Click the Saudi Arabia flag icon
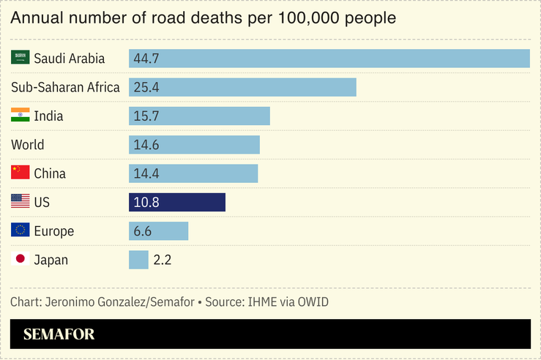click(x=20, y=59)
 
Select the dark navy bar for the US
click(x=177, y=202)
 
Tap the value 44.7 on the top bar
click(x=146, y=59)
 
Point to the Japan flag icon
click(x=20, y=260)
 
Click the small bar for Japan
click(x=138, y=260)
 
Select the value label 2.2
click(x=163, y=260)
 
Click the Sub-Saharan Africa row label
click(x=65, y=87)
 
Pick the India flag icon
click(x=20, y=116)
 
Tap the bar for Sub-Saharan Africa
click(x=242, y=87)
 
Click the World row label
click(x=28, y=145)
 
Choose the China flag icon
click(x=20, y=173)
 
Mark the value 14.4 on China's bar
click(x=146, y=173)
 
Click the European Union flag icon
click(x=20, y=231)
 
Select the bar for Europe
click(x=159, y=231)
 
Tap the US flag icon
click(x=20, y=202)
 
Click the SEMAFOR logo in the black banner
click(x=59, y=334)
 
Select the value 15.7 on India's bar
click(x=146, y=116)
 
